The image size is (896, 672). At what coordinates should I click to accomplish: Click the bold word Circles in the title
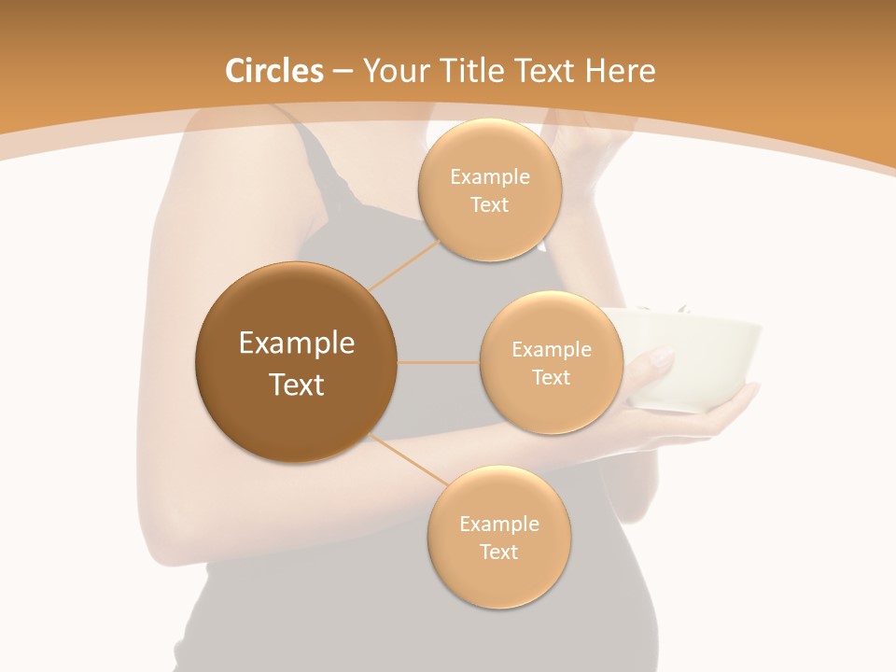click(273, 71)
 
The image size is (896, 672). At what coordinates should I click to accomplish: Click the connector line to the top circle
click(405, 264)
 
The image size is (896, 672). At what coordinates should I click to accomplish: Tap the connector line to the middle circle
click(438, 362)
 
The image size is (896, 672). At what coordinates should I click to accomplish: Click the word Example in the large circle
click(296, 343)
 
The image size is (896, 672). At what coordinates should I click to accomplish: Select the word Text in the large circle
click(296, 385)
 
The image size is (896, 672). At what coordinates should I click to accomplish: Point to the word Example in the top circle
click(489, 176)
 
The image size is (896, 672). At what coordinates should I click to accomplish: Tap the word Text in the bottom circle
click(498, 552)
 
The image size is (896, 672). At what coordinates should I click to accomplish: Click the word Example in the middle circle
click(551, 350)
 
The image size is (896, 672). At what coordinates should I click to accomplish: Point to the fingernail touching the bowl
click(662, 356)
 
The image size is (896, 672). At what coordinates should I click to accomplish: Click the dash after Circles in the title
click(342, 72)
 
